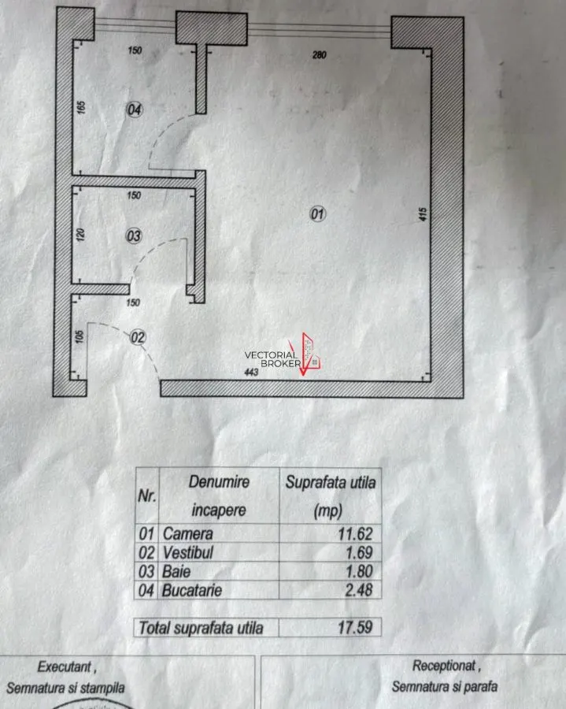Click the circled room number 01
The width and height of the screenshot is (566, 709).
[317, 213]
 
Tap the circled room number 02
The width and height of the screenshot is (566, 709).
[138, 337]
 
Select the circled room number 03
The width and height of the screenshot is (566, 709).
[134, 236]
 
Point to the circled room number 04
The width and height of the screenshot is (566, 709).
[134, 110]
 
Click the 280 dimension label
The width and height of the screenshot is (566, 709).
[319, 54]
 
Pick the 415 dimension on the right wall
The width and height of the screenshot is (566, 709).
[423, 213]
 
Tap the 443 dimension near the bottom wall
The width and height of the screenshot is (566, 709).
[251, 372]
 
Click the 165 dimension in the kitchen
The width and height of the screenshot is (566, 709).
[81, 107]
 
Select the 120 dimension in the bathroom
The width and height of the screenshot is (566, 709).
[80, 234]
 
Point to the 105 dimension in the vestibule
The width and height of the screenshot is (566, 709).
[79, 336]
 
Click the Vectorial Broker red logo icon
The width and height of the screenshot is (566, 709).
[310, 354]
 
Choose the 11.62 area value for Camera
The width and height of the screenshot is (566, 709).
[355, 533]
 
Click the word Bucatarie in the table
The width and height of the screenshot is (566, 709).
[192, 590]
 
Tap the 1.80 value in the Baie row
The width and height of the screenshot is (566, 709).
[359, 571]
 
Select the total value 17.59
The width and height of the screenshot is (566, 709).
[355, 627]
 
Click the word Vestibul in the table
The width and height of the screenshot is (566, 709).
[188, 552]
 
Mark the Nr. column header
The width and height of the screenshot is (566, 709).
[146, 496]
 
